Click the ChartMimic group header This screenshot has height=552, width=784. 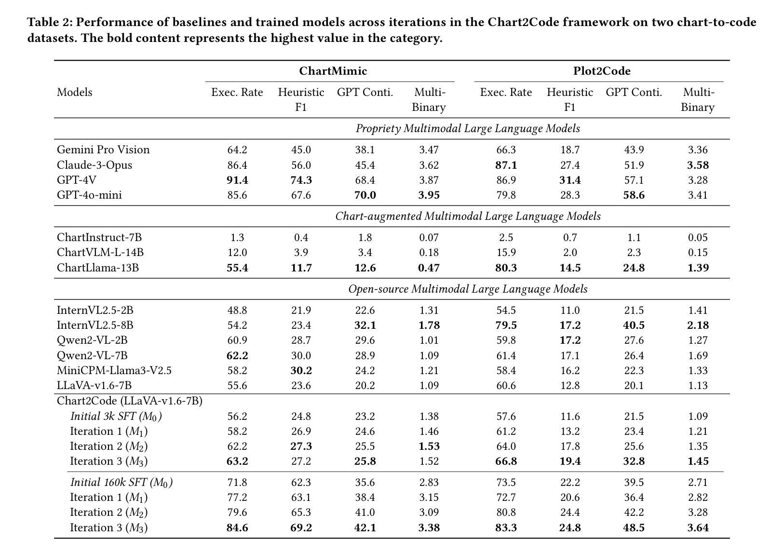point(333,71)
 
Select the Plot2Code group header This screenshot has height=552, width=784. point(602,71)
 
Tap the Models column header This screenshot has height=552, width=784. point(75,92)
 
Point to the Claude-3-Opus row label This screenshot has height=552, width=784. point(95,165)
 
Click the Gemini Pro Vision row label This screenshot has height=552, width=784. point(103,149)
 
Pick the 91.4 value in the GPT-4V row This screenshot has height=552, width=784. point(237,180)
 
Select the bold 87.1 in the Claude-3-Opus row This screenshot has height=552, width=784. point(506,165)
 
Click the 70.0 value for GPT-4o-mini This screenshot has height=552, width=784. point(365,195)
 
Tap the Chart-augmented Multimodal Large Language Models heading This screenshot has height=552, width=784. point(468,216)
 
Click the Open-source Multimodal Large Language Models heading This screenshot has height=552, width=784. point(468,289)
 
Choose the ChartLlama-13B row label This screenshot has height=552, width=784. point(98,268)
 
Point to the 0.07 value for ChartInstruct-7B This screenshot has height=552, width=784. point(429,237)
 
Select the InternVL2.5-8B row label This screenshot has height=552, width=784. point(95,325)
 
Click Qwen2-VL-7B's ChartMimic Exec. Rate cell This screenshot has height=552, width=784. point(237,356)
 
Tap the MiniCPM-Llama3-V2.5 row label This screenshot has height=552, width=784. point(114,370)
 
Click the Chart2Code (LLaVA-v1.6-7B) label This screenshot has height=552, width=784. point(130,401)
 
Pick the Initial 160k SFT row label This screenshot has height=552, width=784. point(122,483)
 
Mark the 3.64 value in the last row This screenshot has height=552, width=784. point(698,527)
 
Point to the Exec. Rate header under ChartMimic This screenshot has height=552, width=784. point(237,92)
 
